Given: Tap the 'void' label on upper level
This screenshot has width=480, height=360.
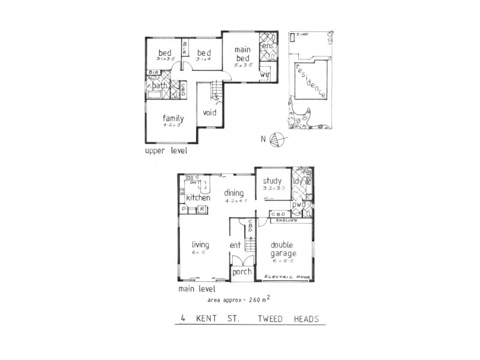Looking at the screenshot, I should (x=209, y=112).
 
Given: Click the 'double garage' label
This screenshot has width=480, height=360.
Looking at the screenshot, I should (x=281, y=248).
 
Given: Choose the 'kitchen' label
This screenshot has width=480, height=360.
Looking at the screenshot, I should (x=197, y=197).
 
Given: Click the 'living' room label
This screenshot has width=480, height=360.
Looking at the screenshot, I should (x=200, y=244).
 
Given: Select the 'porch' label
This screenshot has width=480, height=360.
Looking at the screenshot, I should (x=242, y=271).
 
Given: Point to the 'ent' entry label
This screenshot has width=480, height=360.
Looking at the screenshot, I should (x=235, y=245).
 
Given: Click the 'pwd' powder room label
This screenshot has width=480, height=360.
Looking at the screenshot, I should (x=299, y=205).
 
